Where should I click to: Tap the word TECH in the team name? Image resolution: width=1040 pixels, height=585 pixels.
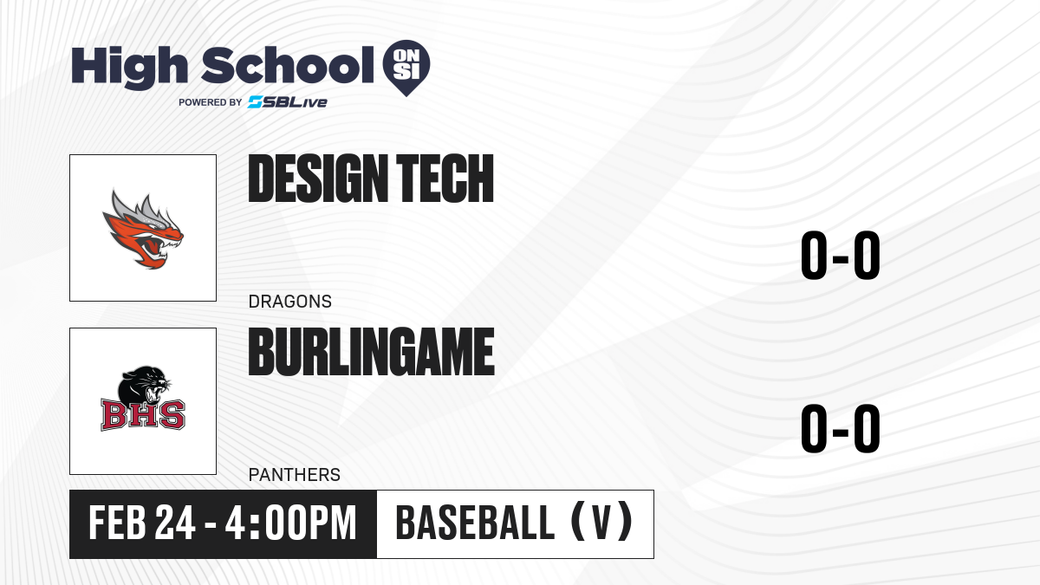pos(445,179)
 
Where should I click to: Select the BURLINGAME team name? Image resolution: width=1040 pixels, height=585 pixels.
pos(372,352)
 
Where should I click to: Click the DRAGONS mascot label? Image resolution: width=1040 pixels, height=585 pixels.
pos(290,302)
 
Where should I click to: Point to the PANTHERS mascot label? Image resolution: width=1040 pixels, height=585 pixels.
pos(295,475)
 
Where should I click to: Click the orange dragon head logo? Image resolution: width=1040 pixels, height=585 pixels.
pos(143,229)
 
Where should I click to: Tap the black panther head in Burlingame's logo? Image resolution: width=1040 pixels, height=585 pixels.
pos(144,387)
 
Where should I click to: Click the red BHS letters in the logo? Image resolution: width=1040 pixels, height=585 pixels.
pos(143,415)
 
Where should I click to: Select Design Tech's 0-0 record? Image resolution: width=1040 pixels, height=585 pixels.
pos(841,256)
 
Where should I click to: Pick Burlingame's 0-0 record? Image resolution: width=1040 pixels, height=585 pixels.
pos(841,428)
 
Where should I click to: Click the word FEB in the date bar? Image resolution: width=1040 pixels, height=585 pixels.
pos(117,523)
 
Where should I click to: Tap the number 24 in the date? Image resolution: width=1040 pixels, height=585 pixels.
pos(175,523)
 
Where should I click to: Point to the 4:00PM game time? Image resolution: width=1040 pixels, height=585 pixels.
pos(290,523)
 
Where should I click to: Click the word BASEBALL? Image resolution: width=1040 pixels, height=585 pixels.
pos(475,523)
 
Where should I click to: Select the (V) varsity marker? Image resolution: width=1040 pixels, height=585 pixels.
pos(601,522)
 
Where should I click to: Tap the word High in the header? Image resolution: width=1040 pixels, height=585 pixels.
pos(130,68)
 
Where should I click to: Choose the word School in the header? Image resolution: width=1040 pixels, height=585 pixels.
pos(288,65)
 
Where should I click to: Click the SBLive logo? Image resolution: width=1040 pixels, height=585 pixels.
pos(288,102)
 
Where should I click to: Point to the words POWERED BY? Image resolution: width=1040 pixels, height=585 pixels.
pos(211,102)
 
